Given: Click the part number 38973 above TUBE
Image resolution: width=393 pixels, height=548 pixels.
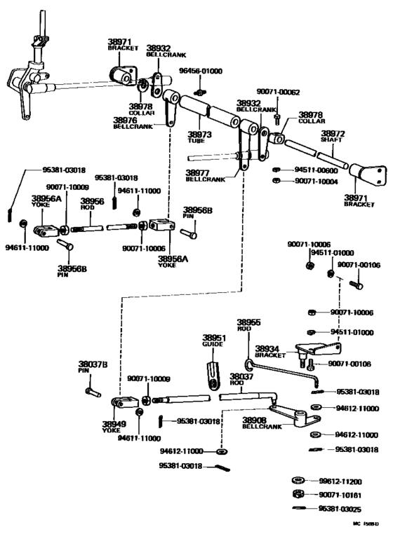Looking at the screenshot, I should click(198, 133).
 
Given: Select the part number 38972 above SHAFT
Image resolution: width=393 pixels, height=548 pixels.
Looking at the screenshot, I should click(333, 133).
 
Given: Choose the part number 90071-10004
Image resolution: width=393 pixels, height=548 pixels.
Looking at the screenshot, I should click(315, 181).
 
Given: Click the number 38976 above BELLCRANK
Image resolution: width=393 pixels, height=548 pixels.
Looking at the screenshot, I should click(125, 121).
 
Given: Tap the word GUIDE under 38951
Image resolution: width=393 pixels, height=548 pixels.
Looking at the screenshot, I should click(213, 345).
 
